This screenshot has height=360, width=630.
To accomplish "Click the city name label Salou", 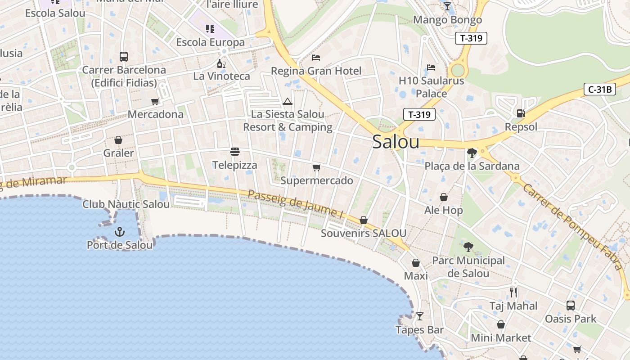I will pos(396,142).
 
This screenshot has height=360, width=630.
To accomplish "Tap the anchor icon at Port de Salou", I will pos(120,232).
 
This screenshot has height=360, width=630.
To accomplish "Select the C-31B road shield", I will pos(600,89).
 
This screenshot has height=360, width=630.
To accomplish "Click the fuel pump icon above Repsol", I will pos(521,113).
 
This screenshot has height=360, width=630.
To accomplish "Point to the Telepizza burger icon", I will pos(235,152).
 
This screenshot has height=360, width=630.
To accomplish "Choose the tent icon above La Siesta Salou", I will pos(288,101).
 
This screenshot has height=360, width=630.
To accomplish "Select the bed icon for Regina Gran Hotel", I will pos(316,58).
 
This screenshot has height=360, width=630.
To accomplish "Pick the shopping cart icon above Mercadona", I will pos(155,101).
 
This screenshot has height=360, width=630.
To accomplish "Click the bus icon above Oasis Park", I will pos(571,306).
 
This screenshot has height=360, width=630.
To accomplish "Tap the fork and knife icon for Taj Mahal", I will pos(513,292).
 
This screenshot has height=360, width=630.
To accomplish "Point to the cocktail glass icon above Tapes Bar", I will pos(420,316).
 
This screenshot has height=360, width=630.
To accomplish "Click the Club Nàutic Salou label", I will pos(126,204).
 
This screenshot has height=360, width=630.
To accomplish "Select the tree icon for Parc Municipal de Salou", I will pos(468,247).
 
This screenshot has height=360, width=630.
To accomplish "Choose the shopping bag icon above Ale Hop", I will pos(444,197).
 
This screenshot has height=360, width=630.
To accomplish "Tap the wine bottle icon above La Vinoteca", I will pos(221,63).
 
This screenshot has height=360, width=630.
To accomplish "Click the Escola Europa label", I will pos(211,42).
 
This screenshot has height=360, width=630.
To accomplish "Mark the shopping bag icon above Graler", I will pos(118,140).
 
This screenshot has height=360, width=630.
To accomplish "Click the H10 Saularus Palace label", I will pos(431,87).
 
